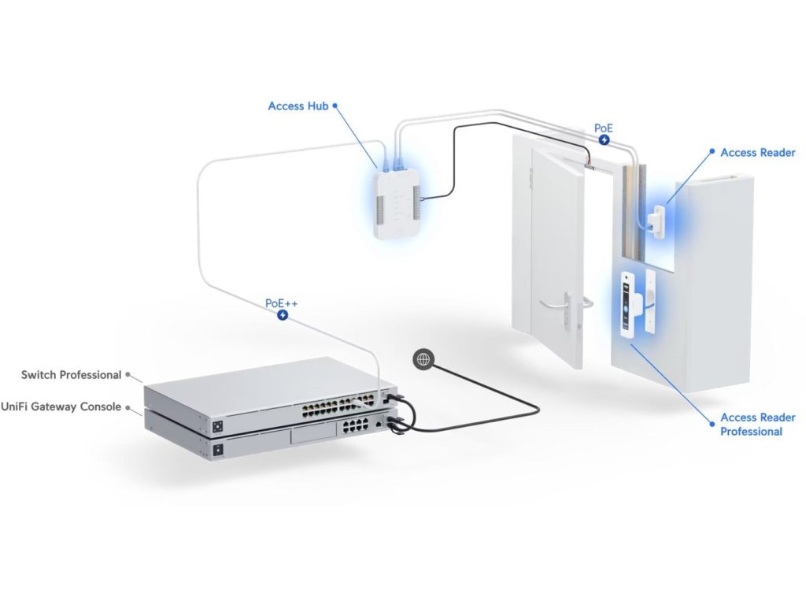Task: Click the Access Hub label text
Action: tap(298, 106)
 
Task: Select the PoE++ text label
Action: tap(282, 302)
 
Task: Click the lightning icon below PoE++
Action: tap(283, 315)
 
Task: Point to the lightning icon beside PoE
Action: tap(604, 139)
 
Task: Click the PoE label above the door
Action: tap(604, 127)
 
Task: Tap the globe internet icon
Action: tap(423, 359)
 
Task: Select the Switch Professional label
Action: tap(71, 375)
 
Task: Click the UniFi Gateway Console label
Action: tap(61, 406)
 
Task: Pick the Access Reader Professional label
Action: tap(757, 424)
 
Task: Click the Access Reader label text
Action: tap(757, 153)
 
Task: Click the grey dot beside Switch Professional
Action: tap(128, 376)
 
